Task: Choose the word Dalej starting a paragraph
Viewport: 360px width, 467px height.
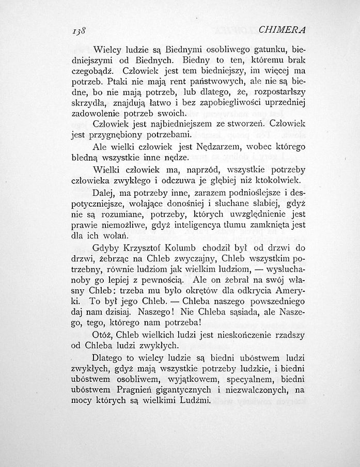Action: (104, 194)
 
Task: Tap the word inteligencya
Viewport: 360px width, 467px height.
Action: (200, 225)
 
